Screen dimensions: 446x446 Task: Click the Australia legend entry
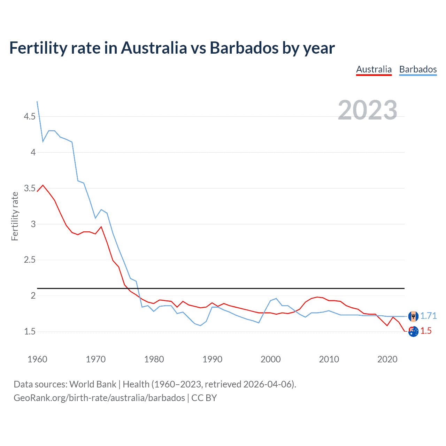pos(374,69)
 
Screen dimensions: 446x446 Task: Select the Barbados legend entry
pos(418,69)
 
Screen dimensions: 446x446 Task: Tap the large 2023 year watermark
pos(367,110)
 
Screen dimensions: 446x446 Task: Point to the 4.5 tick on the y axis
pos(30,116)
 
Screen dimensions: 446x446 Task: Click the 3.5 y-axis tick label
pos(30,189)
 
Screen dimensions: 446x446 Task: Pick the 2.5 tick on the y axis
pos(30,260)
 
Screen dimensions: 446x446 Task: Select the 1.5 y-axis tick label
pos(30,331)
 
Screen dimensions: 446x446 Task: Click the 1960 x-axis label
pos(37,359)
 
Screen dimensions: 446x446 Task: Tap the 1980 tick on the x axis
pos(154,359)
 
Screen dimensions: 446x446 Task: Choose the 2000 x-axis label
pos(270,359)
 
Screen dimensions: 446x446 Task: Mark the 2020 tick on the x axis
pos(387,359)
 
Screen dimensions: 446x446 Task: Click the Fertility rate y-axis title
pos(15,216)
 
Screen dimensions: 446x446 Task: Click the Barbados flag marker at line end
pos(413,316)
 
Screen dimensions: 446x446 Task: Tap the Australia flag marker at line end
pos(413,332)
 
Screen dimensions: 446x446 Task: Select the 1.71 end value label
pos(428,316)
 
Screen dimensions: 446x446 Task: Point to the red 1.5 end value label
pos(426,331)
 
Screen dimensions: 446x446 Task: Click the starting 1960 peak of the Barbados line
pos(37,102)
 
